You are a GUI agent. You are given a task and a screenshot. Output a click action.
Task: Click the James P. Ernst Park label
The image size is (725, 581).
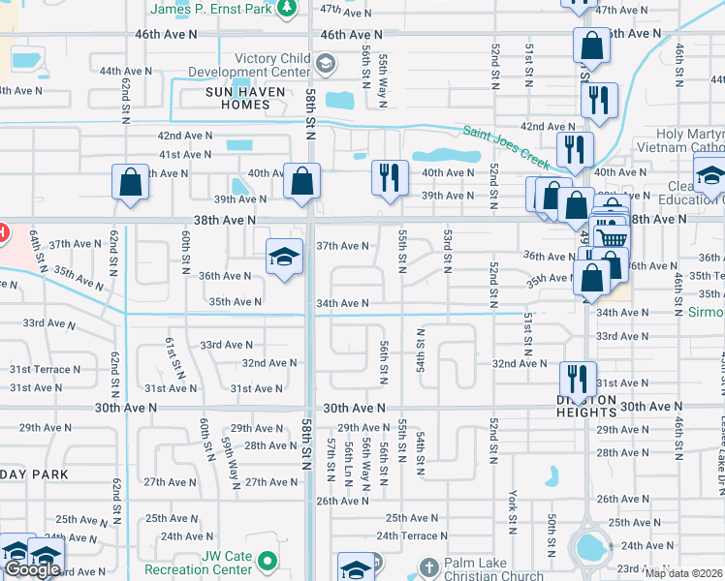[211, 9]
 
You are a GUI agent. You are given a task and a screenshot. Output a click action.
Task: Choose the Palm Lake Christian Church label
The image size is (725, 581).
[494, 569]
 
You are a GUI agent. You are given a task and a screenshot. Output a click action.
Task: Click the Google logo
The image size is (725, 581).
[32, 569]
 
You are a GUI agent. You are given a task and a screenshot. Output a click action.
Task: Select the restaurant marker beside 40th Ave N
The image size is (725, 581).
[389, 177]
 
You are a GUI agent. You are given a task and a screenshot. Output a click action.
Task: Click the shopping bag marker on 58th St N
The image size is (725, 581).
[302, 181]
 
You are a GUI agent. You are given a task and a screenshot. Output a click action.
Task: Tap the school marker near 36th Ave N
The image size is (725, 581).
[284, 257]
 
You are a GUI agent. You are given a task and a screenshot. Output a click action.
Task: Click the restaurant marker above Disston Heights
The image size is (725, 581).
[578, 378]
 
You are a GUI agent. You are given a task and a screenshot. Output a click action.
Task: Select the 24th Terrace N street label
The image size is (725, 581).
[414, 535]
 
